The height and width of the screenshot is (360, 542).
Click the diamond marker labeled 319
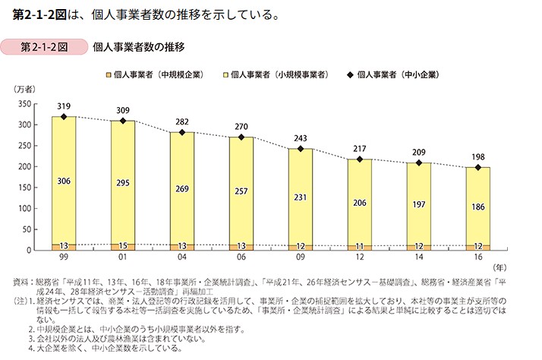pyautogui.click(x=64, y=117)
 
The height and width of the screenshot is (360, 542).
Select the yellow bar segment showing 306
pyautogui.click(x=64, y=180)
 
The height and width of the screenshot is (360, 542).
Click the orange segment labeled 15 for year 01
pyautogui.click(x=123, y=246)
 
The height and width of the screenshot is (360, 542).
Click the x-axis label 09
pyautogui.click(x=301, y=258)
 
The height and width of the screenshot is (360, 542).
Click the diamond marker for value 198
pyautogui.click(x=477, y=167)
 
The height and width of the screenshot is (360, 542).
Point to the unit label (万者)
pyautogui.click(x=24, y=91)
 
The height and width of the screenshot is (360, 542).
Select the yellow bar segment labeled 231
pyautogui.click(x=301, y=197)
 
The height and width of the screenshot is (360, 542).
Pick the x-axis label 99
pyautogui.click(x=64, y=258)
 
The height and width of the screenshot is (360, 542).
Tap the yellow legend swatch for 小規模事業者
pyautogui.click(x=225, y=75)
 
